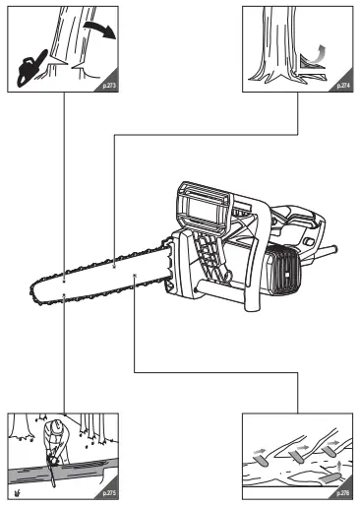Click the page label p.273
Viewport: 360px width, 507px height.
point(108,86)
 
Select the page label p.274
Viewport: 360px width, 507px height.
point(342,86)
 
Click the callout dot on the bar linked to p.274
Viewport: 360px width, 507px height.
point(115,264)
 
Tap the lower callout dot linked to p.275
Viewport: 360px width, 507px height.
point(63,294)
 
